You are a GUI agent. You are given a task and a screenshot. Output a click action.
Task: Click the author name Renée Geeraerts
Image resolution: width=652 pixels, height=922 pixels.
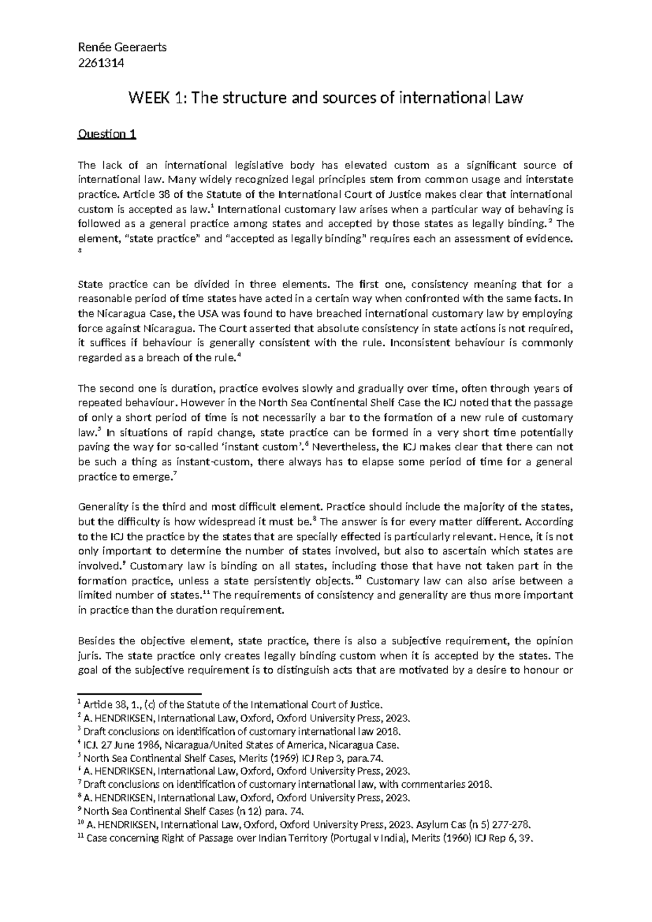(122, 47)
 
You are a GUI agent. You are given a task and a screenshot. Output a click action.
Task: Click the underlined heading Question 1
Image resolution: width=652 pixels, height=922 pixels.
(106, 134)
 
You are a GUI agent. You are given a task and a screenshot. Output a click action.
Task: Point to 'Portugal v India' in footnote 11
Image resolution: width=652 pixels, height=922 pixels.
(368, 838)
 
